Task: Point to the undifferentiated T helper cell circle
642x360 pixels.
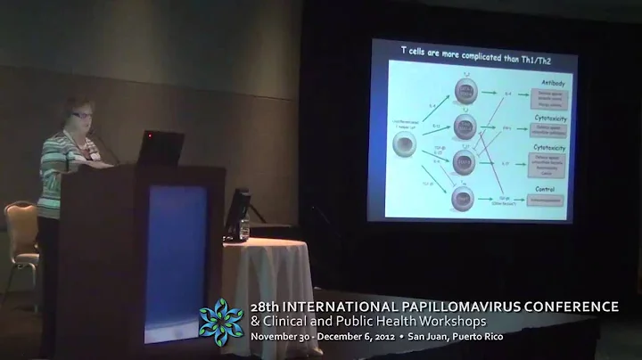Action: click(403, 143)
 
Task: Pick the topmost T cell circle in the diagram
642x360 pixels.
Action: click(465, 90)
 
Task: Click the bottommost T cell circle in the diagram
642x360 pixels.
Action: click(465, 198)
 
